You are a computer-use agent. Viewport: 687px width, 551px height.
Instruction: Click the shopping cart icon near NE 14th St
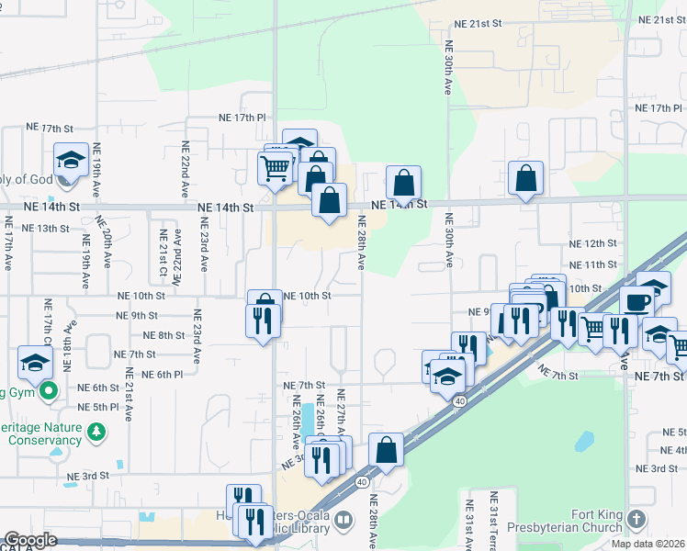coord(276,169)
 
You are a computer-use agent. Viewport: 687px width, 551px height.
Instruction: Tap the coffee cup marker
coord(636,300)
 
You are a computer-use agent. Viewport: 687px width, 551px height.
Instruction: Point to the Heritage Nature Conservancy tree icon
coord(95,430)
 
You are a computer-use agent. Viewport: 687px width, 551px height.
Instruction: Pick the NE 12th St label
coord(592,243)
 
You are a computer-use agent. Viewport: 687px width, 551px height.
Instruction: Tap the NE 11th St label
coord(592,264)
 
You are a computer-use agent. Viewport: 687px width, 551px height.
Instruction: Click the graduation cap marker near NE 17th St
coord(71,162)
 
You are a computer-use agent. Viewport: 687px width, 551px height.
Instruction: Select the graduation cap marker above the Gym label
coord(35,363)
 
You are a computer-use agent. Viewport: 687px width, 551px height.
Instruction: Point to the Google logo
coord(30,540)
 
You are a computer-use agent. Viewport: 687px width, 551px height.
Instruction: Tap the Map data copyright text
coord(648,544)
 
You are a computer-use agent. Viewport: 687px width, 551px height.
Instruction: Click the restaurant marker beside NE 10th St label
coord(263,320)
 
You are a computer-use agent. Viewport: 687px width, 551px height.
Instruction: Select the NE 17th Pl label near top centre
coord(242,118)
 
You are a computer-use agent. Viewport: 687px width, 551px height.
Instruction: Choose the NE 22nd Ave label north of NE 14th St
coord(185,170)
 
